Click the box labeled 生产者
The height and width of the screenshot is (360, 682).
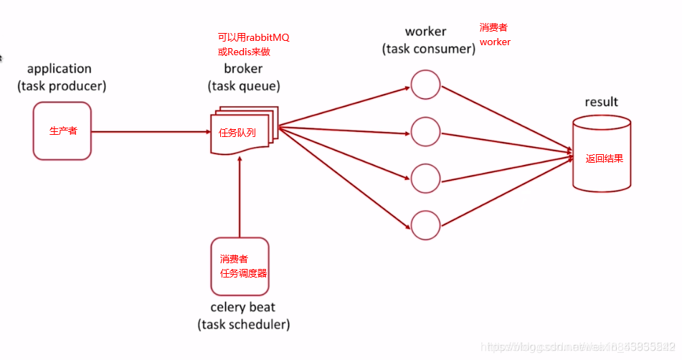(62, 131)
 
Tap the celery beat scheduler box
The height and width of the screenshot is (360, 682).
(240, 266)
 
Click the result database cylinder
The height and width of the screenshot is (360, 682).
(602, 155)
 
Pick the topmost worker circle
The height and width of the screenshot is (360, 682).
(425, 85)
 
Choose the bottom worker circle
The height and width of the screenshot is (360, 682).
(425, 225)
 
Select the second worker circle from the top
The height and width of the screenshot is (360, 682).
(425, 131)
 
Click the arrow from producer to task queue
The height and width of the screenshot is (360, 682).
(151, 131)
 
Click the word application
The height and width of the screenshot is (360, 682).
(60, 69)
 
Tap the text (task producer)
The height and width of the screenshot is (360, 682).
(62, 86)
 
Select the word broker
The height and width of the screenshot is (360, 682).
(243, 69)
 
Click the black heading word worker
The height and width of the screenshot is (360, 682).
(425, 32)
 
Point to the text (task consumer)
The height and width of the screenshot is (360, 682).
(429, 49)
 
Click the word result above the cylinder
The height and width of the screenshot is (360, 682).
(601, 102)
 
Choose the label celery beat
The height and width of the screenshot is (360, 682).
(243, 308)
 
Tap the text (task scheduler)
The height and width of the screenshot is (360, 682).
(243, 325)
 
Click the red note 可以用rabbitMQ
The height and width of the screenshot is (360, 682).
(253, 37)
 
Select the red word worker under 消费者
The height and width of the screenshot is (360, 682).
(495, 42)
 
